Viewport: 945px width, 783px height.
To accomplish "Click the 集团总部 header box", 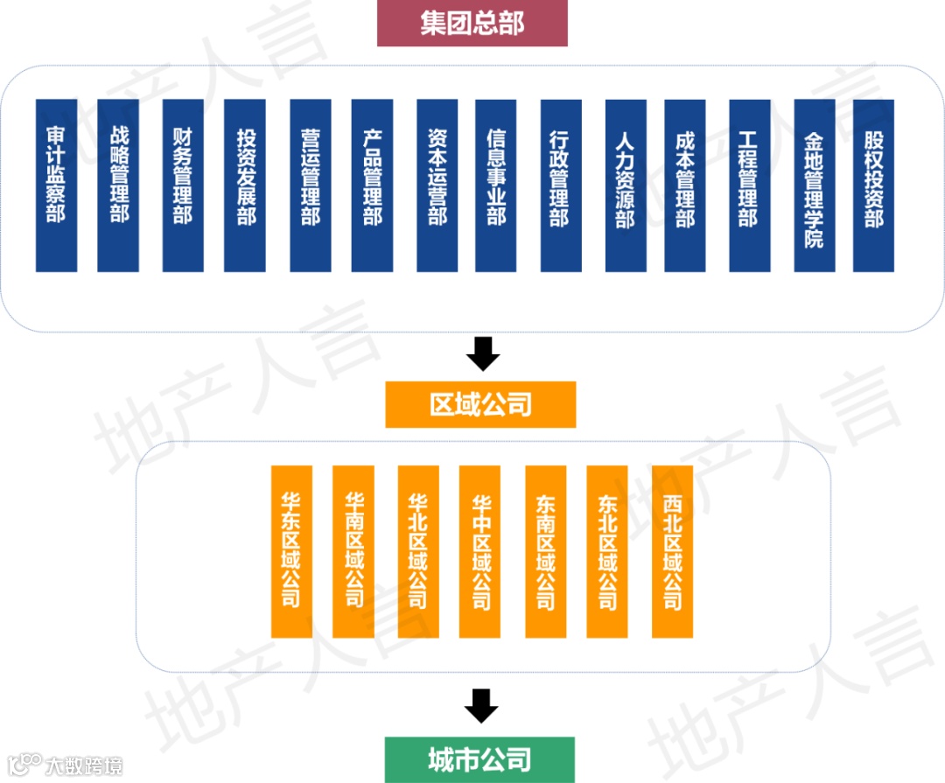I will pyautogui.click(x=472, y=24).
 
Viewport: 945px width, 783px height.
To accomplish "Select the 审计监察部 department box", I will pyautogui.click(x=56, y=185).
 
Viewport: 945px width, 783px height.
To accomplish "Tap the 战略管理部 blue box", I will pyautogui.click(x=118, y=185).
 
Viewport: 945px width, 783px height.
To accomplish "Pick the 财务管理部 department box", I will pyautogui.click(x=183, y=185).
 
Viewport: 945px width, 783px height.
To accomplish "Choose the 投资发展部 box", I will pyautogui.click(x=245, y=185).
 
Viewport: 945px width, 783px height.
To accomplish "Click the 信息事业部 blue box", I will pyautogui.click(x=496, y=185).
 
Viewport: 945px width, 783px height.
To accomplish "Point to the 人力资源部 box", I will pyautogui.click(x=626, y=185).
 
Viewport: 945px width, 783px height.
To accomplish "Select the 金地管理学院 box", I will pyautogui.click(x=815, y=185).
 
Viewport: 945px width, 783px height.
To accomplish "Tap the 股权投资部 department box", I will pyautogui.click(x=873, y=185).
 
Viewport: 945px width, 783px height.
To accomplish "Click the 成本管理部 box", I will pyautogui.click(x=685, y=185).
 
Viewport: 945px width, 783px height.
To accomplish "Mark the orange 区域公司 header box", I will pyautogui.click(x=480, y=404).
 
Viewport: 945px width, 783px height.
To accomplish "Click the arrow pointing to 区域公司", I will pyautogui.click(x=482, y=353).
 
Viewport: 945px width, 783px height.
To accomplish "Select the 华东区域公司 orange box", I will pyautogui.click(x=291, y=551).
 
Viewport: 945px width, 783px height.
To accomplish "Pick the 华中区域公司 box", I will pyautogui.click(x=480, y=551).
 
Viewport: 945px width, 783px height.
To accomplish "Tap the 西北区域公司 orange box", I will pyautogui.click(x=672, y=551).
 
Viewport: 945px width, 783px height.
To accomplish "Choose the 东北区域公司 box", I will pyautogui.click(x=607, y=551).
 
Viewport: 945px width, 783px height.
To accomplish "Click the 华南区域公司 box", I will pyautogui.click(x=353, y=551).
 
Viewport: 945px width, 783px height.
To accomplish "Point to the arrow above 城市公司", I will pyautogui.click(x=480, y=705).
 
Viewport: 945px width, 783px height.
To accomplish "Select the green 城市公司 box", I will pyautogui.click(x=479, y=759).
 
